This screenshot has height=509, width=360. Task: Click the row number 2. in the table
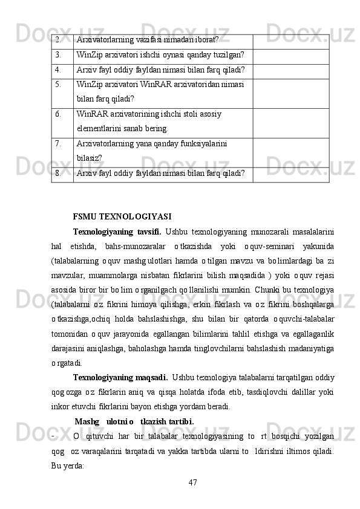[x=57, y=40]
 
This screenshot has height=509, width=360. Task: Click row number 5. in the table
[x=57, y=84]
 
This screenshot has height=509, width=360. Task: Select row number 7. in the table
[x=57, y=144]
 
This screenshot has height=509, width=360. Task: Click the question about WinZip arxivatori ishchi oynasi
[x=160, y=55]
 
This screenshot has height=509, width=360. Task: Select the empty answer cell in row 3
[x=290, y=55]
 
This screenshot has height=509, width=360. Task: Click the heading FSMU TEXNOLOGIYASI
[x=122, y=216]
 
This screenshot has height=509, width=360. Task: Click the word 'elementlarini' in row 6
[x=101, y=128]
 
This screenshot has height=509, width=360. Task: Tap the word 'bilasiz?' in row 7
[x=89, y=158]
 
